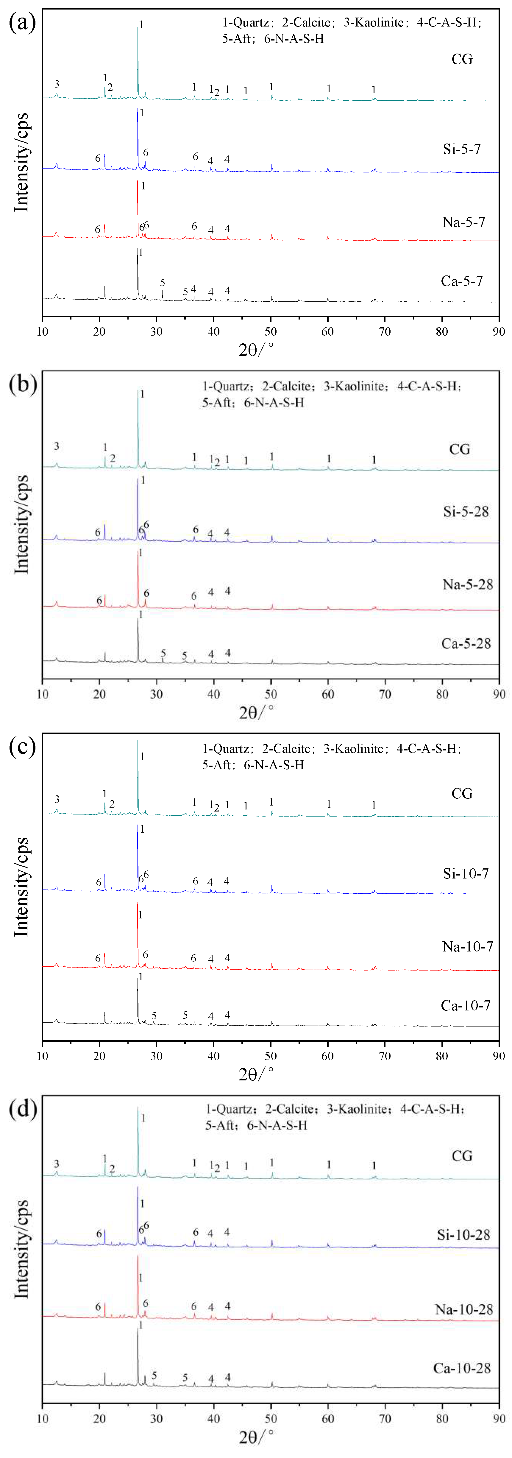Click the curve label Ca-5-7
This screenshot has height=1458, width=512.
point(462,281)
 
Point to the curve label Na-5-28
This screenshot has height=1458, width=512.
point(467,584)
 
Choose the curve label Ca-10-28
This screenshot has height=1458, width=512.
point(462,1368)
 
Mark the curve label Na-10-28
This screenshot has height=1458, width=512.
point(464,1309)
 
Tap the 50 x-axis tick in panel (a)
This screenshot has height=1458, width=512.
point(270,332)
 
